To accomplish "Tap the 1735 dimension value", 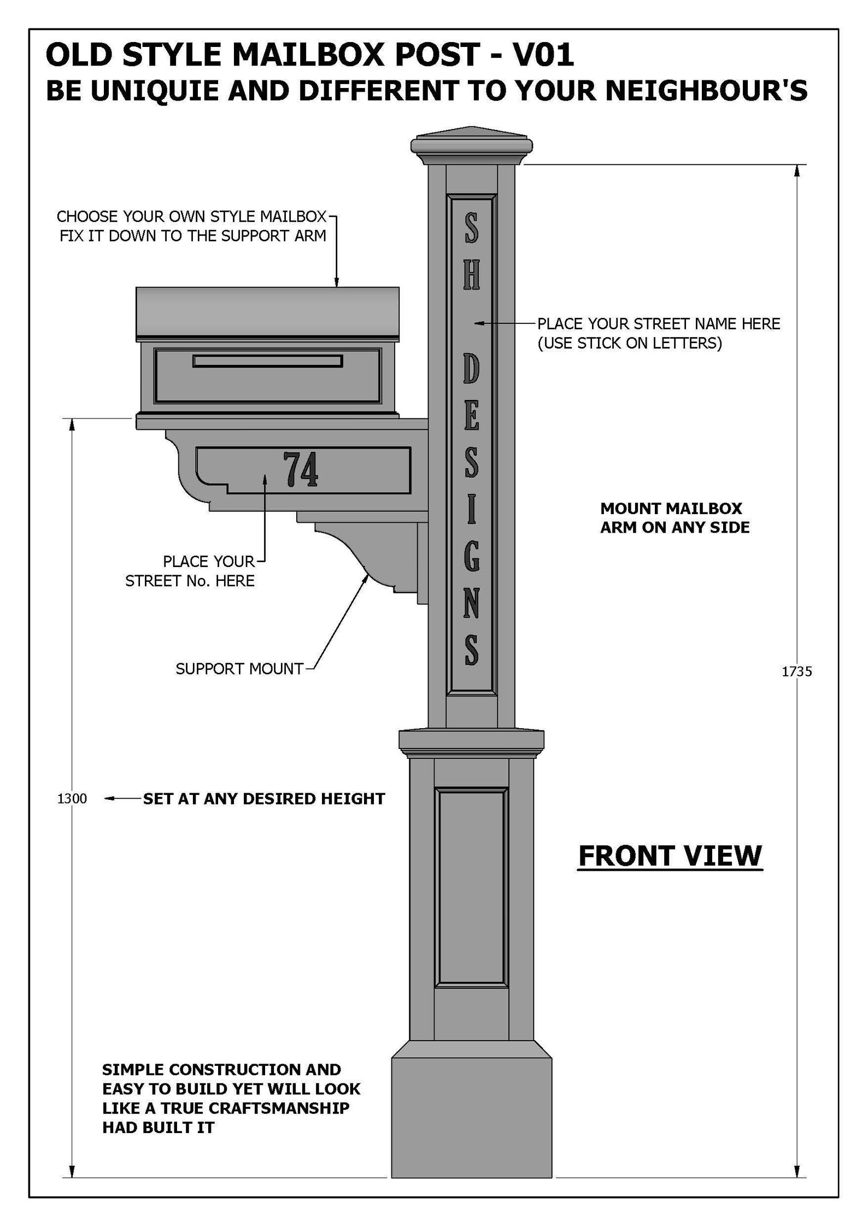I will (x=796, y=672).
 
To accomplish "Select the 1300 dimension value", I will (x=72, y=799).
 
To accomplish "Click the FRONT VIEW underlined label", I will (x=670, y=856).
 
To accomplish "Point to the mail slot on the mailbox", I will (x=267, y=361).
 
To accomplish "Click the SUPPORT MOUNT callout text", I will (x=239, y=669).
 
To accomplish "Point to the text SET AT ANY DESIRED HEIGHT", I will (x=263, y=799).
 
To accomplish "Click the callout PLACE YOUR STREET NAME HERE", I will (x=658, y=324).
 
